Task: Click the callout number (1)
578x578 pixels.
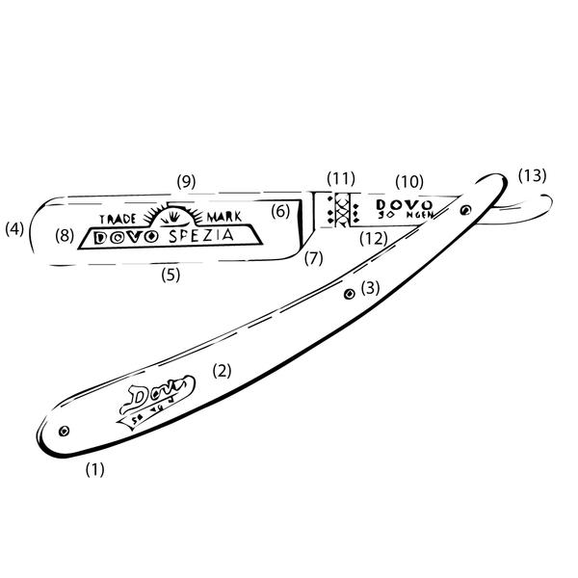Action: click(x=94, y=470)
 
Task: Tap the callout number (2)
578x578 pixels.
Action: click(x=222, y=370)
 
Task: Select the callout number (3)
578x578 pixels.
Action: click(x=371, y=287)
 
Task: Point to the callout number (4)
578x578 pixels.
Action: click(x=13, y=229)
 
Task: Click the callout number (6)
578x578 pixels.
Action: click(x=280, y=210)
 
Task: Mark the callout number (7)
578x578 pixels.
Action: click(x=314, y=258)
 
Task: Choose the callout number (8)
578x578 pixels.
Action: click(x=65, y=234)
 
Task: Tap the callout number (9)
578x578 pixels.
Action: click(x=186, y=180)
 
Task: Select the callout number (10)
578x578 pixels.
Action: click(x=409, y=180)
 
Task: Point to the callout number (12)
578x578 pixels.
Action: click(x=374, y=237)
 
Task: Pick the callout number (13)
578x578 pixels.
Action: click(x=531, y=175)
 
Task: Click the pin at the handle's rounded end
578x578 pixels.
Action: click(x=64, y=431)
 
